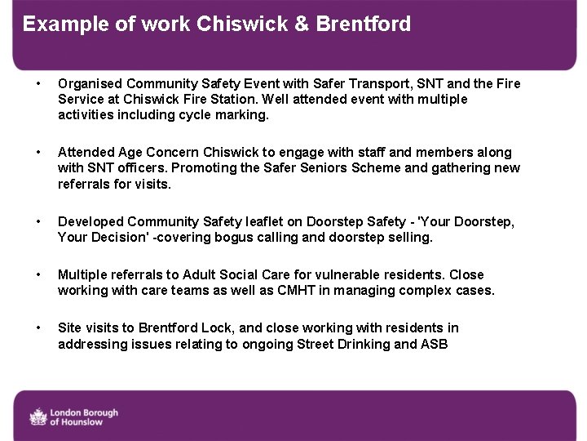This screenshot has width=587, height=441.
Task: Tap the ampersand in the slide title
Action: [301, 24]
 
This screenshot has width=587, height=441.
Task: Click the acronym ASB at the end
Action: [434, 344]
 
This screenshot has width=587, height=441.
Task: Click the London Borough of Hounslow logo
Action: [74, 416]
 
